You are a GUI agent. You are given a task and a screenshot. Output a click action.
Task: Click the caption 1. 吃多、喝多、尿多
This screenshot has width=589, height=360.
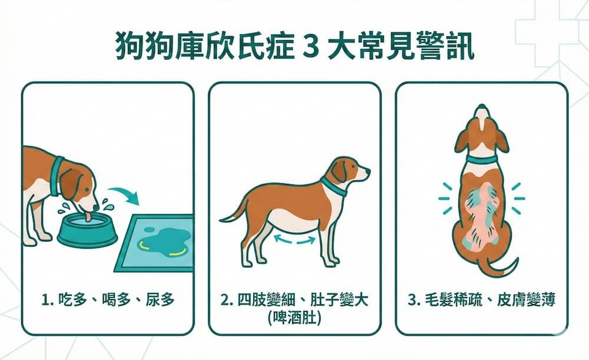point(108,300)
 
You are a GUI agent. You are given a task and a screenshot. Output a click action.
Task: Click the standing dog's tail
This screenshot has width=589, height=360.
point(231,212)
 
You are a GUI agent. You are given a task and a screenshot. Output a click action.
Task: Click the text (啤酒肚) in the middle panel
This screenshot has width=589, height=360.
point(294,318)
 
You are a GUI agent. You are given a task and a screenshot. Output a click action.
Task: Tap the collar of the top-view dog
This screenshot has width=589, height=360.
point(481,159)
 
